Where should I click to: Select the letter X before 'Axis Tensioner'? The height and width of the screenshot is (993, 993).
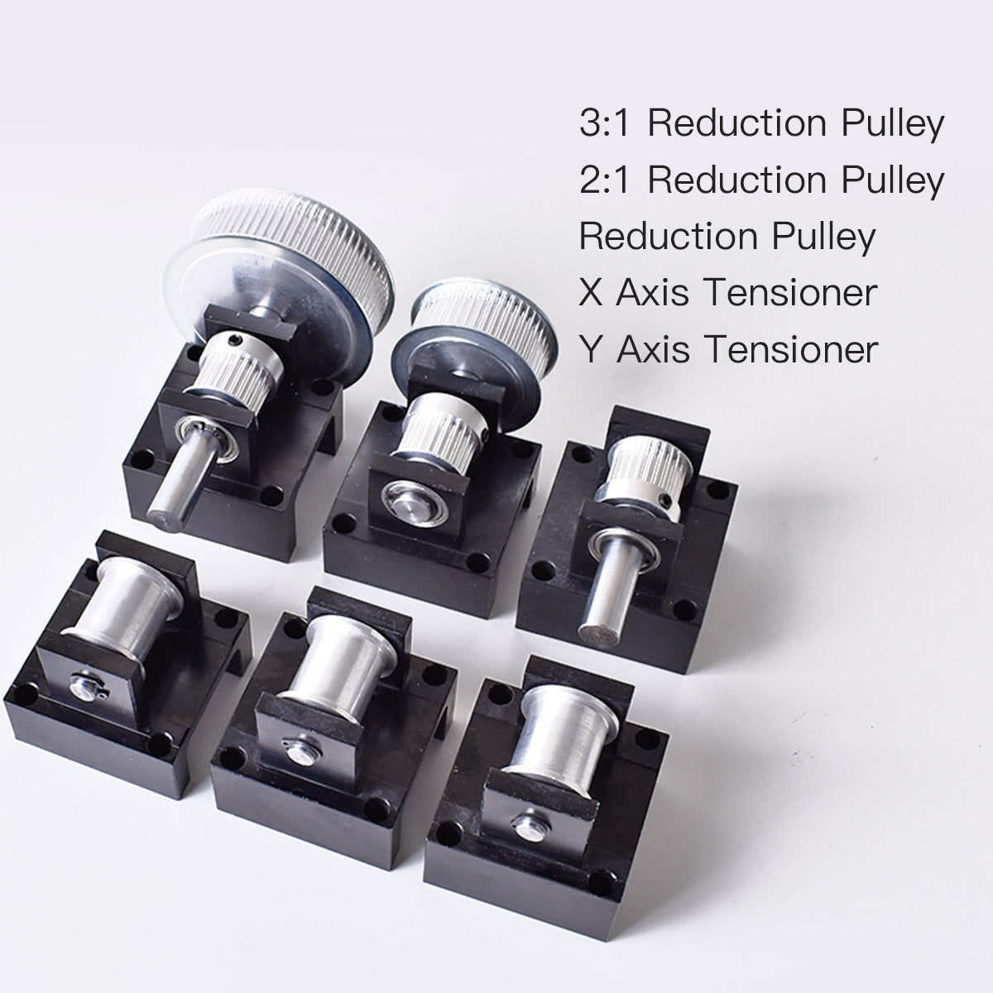(x=591, y=293)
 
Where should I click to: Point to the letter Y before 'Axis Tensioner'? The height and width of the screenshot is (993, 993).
(x=591, y=349)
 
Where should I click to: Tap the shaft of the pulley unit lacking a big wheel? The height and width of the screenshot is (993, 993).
(x=600, y=600)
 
